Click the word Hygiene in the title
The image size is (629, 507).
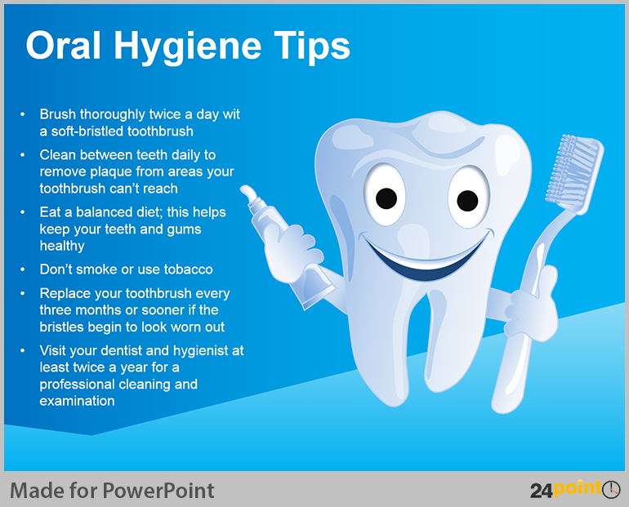pyautogui.click(x=187, y=47)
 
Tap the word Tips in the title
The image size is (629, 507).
pyautogui.click(x=312, y=47)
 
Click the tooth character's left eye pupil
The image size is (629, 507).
pyautogui.click(x=386, y=198)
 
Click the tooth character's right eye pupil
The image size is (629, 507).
pyautogui.click(x=467, y=201)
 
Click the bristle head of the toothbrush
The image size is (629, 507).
pyautogui.click(x=573, y=171)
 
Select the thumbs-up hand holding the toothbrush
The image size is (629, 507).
pyautogui.click(x=532, y=305)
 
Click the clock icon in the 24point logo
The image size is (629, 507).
pyautogui.click(x=611, y=489)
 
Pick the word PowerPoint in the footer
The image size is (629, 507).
pyautogui.click(x=158, y=491)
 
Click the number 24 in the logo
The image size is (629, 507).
pyautogui.click(x=541, y=491)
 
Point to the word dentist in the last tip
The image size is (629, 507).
pyautogui.click(x=121, y=351)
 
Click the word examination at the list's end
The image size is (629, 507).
pyautogui.click(x=77, y=401)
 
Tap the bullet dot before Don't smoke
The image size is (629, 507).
pyautogui.click(x=23, y=269)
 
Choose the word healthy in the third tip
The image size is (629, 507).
pyautogui.click(x=62, y=246)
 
